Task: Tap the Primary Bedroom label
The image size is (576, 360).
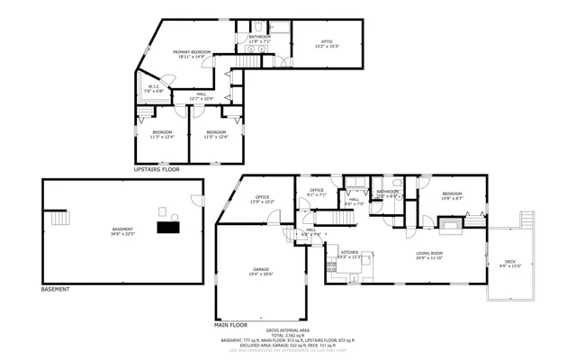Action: tap(192, 54)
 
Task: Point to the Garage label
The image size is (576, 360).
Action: tap(261, 272)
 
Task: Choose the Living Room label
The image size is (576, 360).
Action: tap(433, 257)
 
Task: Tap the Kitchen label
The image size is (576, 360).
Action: tap(349, 254)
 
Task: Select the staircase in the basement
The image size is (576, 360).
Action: tap(60, 219)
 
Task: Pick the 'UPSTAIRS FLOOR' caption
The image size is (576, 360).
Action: tap(157, 169)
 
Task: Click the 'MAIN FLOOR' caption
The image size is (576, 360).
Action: tap(230, 324)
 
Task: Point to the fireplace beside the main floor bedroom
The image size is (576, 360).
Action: tap(457, 230)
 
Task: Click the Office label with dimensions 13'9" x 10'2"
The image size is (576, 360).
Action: tap(263, 199)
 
